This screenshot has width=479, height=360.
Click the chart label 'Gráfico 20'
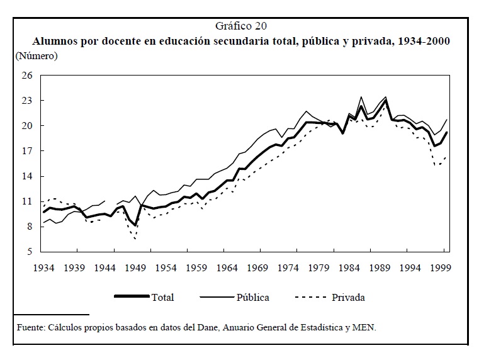coord(240,26)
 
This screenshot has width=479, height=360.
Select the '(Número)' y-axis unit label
coord(37,56)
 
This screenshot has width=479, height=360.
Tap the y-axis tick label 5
coord(29,252)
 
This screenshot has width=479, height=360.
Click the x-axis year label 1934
coord(43,267)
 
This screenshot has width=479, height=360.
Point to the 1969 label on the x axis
coord(258,267)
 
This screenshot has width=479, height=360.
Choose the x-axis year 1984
coord(350,267)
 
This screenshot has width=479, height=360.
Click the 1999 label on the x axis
coord(440,267)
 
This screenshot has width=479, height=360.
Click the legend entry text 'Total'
coord(162,297)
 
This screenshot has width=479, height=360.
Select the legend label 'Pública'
coord(253,297)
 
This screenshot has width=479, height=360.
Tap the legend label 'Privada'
coord(348,297)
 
